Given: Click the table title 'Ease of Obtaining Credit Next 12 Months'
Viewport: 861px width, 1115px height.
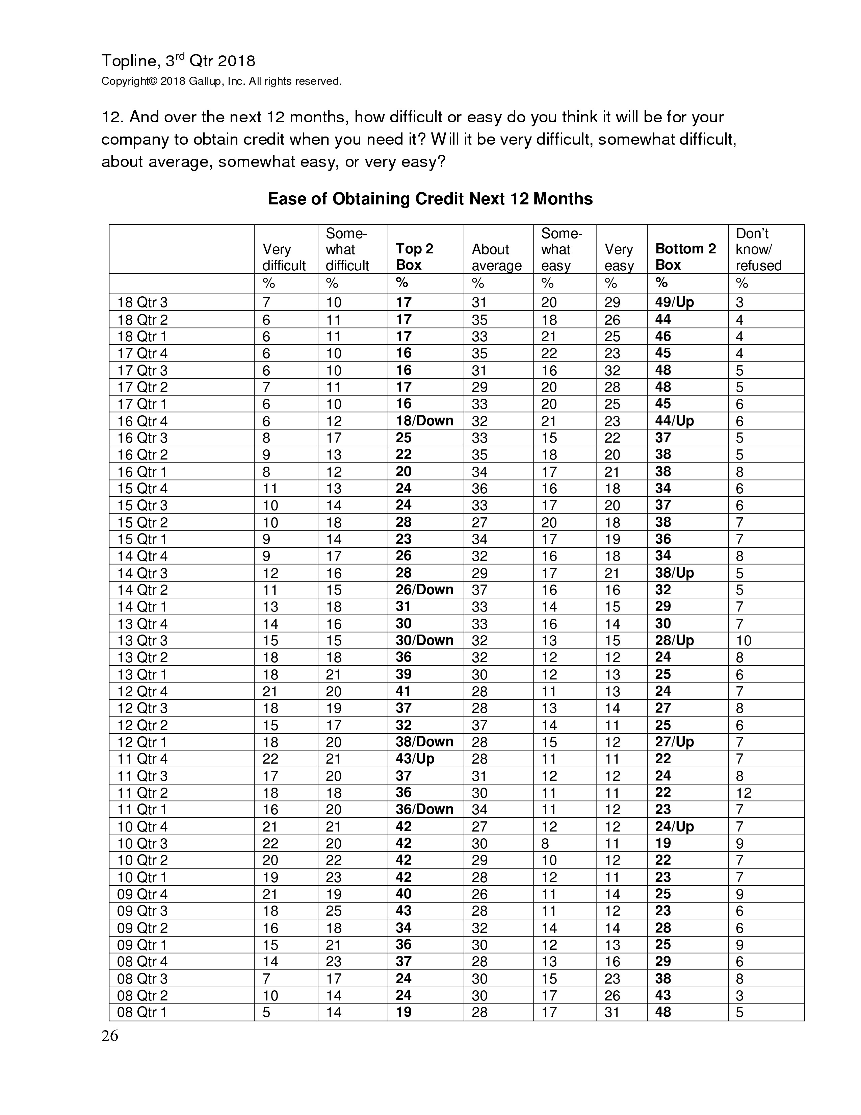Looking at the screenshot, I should pyautogui.click(x=430, y=199).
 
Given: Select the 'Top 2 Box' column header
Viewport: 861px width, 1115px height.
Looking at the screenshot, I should pyautogui.click(x=414, y=256).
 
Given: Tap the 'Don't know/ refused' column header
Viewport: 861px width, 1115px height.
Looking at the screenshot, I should pyautogui.click(x=758, y=250).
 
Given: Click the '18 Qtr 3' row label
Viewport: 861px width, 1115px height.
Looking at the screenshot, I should pyautogui.click(x=142, y=303).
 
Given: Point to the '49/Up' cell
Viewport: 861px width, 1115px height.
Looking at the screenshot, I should pyautogui.click(x=674, y=302).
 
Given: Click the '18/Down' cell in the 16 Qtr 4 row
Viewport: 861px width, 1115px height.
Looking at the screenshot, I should pyautogui.click(x=424, y=421).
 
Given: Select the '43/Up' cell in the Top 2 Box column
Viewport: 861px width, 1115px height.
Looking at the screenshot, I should pyautogui.click(x=415, y=759).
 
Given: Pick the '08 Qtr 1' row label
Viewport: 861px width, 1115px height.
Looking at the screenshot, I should pyautogui.click(x=142, y=1012).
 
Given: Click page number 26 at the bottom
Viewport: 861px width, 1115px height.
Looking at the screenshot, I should pyautogui.click(x=110, y=1036).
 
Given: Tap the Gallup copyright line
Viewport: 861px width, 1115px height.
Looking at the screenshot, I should pyautogui.click(x=221, y=81).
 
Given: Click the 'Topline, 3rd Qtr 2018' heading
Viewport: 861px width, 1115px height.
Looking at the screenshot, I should pyautogui.click(x=178, y=61).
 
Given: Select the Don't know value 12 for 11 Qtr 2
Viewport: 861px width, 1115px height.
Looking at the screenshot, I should pyautogui.click(x=744, y=793).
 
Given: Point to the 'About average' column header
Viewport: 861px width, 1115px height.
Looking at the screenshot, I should pyautogui.click(x=496, y=257).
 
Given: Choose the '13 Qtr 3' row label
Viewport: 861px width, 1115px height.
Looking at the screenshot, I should pyautogui.click(x=142, y=641).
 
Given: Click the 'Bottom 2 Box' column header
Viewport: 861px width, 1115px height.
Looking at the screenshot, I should pyautogui.click(x=685, y=256).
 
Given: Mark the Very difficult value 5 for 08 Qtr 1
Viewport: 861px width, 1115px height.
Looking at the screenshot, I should pyautogui.click(x=266, y=1012).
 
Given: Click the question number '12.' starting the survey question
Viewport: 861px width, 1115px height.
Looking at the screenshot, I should pyautogui.click(x=112, y=118).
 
